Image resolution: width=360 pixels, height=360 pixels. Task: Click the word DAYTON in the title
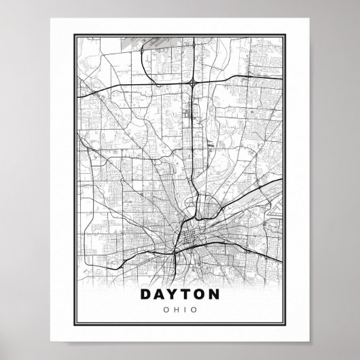click(x=180, y=295)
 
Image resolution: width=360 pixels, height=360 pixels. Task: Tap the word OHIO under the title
click(x=180, y=310)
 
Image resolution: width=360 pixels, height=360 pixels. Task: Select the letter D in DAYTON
click(x=146, y=295)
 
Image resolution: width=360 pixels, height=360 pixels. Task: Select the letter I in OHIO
click(x=184, y=310)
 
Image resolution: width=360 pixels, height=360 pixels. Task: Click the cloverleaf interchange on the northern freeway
click(x=194, y=82)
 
